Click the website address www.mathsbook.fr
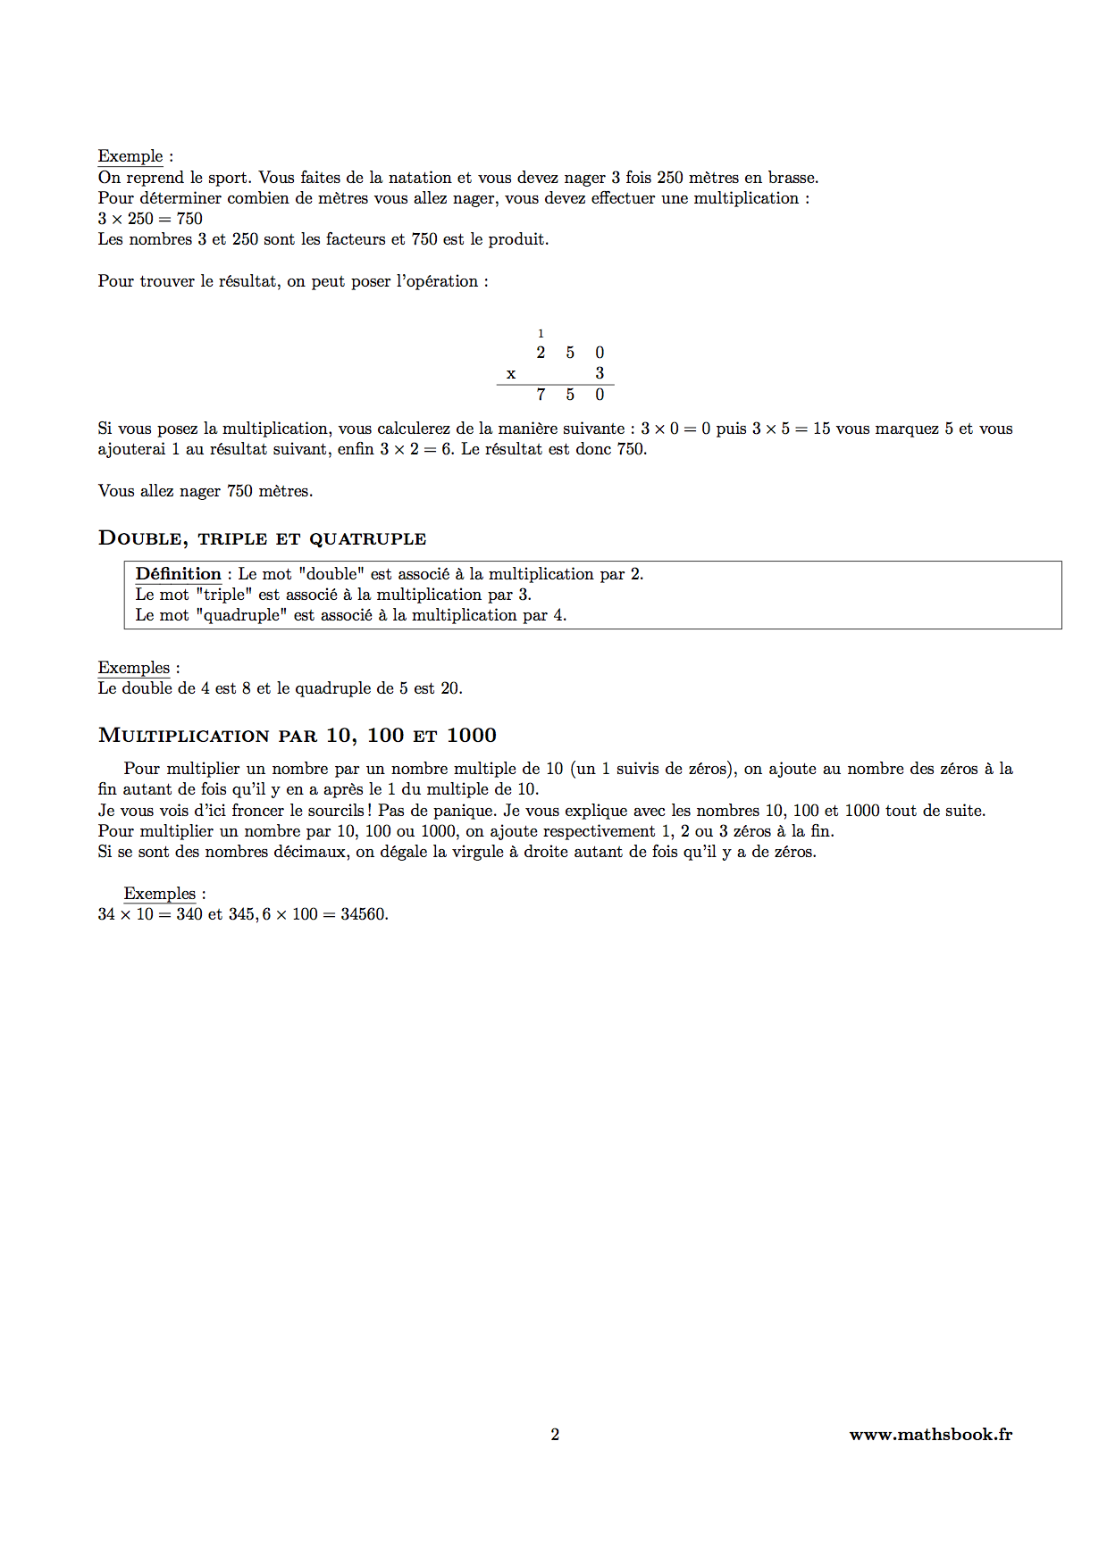pos(930,1434)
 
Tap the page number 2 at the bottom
pos(555,1434)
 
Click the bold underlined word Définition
pos(178,574)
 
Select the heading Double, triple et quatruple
pos(262,538)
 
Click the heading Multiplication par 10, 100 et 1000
pos(297,736)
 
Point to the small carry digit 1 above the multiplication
pos(541,334)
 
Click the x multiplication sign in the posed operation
pos(511,374)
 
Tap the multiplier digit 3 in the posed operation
pos(600,373)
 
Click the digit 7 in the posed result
pos(541,395)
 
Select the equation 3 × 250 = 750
pos(150,219)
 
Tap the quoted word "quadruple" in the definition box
pos(241,615)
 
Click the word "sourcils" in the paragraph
pos(331,811)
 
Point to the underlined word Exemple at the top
pos(130,156)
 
